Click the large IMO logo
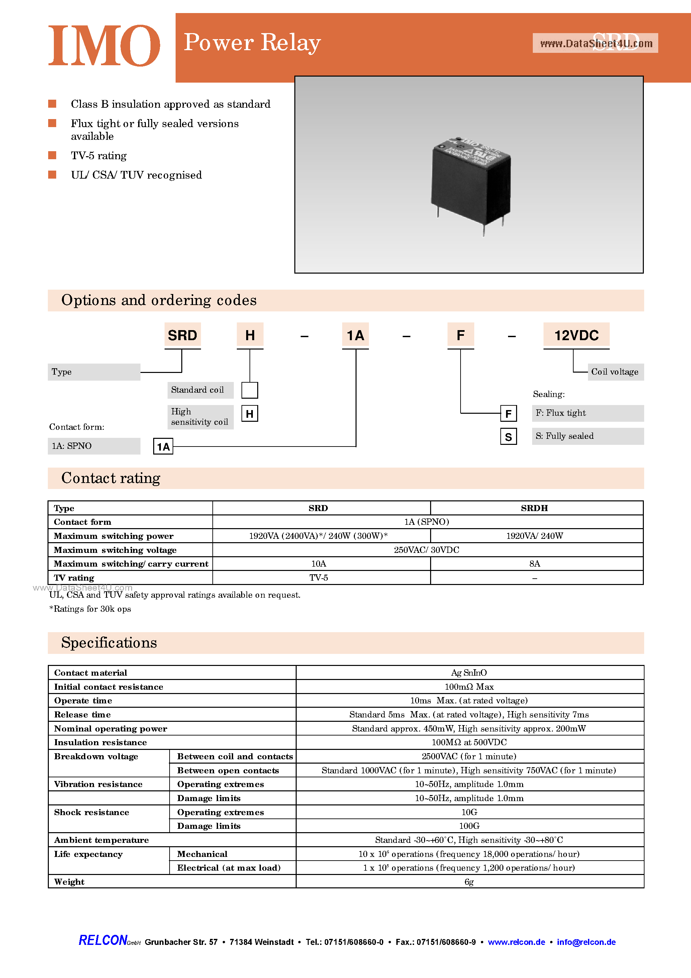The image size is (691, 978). point(104,45)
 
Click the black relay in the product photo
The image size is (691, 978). point(470,183)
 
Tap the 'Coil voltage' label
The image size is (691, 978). point(615,372)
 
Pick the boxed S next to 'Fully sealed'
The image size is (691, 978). point(508,436)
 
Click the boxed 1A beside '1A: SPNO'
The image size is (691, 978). point(163,447)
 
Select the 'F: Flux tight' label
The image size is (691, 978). point(561,413)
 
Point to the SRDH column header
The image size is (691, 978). point(534,508)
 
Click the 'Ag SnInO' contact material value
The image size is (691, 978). point(469,673)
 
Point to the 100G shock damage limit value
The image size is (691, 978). point(469,826)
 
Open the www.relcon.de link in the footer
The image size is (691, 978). point(516,942)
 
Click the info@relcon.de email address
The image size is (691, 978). point(586,942)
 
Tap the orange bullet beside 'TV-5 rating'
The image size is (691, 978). point(53,155)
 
